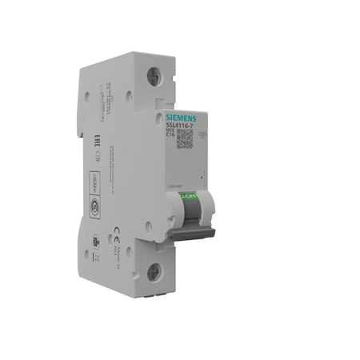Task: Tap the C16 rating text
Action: tap(170, 135)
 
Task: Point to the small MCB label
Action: tap(170, 130)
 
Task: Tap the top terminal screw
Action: tap(154, 78)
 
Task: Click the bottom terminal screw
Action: tap(154, 272)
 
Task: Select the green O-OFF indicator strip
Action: tap(186, 196)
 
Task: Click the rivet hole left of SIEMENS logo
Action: tap(158, 118)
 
